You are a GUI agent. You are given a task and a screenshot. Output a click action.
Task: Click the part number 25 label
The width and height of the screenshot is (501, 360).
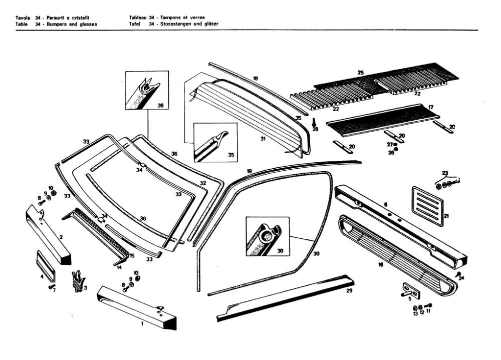tap(360, 73)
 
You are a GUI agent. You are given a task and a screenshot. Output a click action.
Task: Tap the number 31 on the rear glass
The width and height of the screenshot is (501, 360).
tap(262, 138)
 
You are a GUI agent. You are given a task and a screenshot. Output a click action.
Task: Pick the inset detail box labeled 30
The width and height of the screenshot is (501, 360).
tap(267, 236)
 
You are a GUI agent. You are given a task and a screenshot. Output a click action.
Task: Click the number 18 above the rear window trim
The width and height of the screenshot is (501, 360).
tap(255, 79)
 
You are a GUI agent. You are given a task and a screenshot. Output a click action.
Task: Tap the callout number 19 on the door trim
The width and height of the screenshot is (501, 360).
tap(249, 171)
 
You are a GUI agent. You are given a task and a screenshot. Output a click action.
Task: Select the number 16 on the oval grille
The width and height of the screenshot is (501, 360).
tap(380, 265)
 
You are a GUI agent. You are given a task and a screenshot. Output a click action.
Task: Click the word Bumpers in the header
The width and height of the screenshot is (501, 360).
tap(58, 24)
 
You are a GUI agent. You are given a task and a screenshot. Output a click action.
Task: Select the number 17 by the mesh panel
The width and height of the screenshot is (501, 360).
tap(430, 107)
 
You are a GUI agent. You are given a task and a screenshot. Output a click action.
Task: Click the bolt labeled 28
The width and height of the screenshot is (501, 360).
tap(315, 122)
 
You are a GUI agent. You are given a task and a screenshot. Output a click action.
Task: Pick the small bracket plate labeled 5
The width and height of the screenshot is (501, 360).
tap(407, 290)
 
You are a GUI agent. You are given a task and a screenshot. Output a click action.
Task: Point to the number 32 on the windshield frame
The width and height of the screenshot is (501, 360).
tap(203, 184)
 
